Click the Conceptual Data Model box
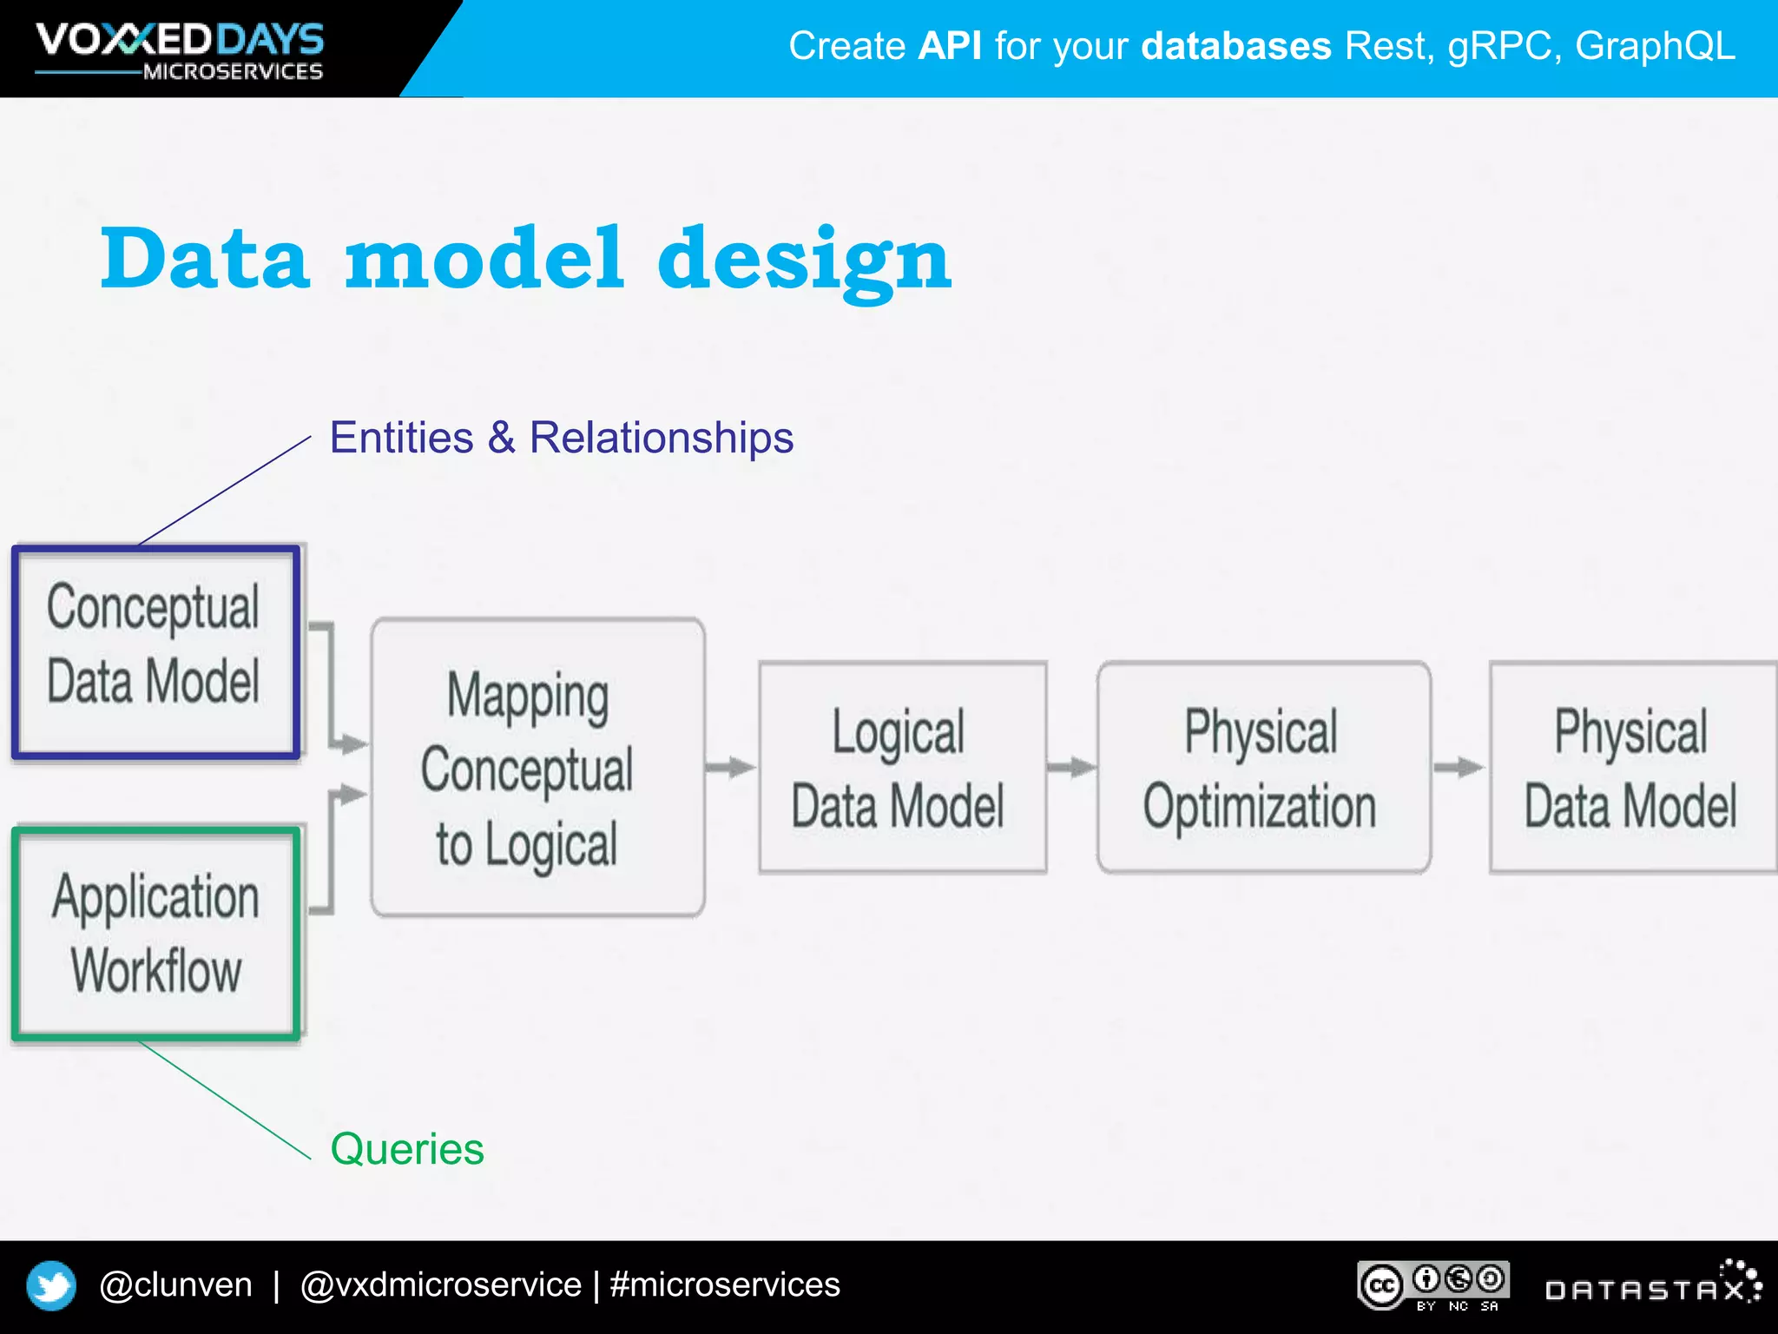coord(155,651)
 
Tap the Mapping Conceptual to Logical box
coord(537,768)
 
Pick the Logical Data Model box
coord(901,768)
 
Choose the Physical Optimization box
coord(1262,768)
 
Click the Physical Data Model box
coord(1630,768)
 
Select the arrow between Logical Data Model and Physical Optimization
coord(1071,768)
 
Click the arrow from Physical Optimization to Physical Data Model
coord(1459,768)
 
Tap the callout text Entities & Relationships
coord(561,438)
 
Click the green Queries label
coord(406,1149)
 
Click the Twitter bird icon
coord(51,1285)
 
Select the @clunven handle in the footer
coord(175,1285)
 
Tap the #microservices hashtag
coord(725,1285)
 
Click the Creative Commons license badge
coord(1432,1285)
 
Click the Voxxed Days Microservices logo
coord(180,50)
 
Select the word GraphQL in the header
coord(1654,46)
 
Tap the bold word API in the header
coord(950,46)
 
